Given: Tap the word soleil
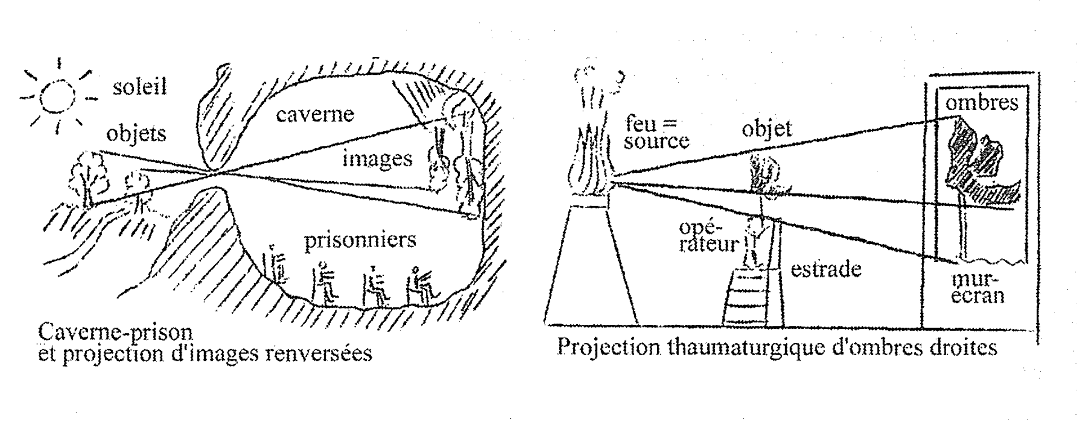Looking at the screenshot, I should pos(140,87).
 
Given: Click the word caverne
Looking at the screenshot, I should pos(315,114).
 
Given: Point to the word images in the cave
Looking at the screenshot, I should pos(377,159).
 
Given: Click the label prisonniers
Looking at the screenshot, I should pos(360,240).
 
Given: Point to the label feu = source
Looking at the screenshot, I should pos(655,132).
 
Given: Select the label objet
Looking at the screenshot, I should pos(766,129).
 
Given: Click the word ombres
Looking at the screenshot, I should pos(981,103).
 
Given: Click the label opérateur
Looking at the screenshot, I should pos(709,237).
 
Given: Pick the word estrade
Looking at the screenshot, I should pos(826,269).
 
